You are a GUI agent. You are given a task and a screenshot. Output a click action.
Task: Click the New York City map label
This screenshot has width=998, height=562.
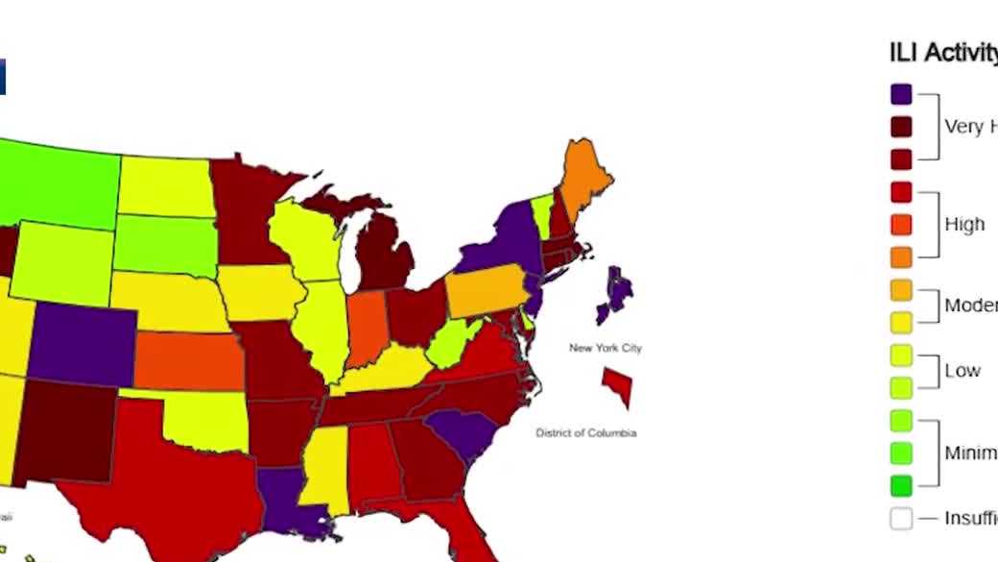click(x=605, y=348)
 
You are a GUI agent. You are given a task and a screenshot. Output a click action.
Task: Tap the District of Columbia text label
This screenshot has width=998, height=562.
click(x=585, y=433)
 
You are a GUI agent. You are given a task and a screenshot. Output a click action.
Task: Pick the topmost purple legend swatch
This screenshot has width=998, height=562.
click(x=900, y=93)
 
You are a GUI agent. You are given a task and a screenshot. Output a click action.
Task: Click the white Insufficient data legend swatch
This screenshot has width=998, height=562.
click(x=900, y=519)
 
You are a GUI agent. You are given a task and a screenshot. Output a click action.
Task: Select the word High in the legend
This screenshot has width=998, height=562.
click(x=964, y=224)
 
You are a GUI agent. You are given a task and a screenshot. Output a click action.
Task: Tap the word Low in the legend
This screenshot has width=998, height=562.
click(x=962, y=371)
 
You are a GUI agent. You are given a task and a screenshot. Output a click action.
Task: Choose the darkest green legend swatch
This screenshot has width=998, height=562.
click(x=900, y=485)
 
